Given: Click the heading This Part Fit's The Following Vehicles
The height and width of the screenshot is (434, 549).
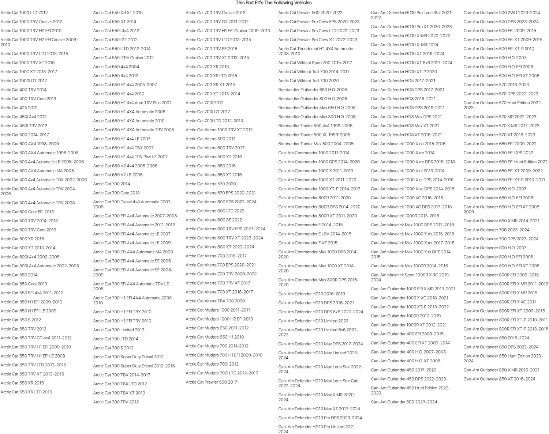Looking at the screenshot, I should point(274,3).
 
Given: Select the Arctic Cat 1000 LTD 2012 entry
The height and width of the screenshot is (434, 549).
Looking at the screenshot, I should point(24,13).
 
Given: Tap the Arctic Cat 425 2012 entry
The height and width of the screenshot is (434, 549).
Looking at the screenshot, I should point(19,108).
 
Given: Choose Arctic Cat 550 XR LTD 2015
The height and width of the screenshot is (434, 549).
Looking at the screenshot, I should point(26,392).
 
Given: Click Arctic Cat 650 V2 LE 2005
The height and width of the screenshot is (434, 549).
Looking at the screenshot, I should point(118,175).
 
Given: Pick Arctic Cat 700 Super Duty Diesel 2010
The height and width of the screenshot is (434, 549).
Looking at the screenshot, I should point(128,357).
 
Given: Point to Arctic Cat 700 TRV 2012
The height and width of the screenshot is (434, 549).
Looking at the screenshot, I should point(116,402).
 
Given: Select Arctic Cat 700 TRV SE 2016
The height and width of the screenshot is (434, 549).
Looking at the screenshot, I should point(211,49).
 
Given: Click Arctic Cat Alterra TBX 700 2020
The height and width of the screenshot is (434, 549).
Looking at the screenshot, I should point(215,301).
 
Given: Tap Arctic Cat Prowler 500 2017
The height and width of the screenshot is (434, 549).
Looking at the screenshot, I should point(211,382).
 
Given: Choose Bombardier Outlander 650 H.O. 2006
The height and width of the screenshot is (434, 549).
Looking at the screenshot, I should point(313,90).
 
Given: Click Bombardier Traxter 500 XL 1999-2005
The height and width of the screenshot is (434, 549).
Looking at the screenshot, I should point(314,135).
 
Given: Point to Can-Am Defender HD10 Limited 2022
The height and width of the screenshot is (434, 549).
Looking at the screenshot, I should point(313,321).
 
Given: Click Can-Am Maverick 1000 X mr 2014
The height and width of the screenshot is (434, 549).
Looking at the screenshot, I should point(403,153).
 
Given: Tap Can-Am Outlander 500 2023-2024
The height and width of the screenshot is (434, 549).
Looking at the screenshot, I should point(404,402).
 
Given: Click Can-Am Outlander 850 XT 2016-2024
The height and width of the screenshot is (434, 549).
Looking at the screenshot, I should point(499,379).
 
